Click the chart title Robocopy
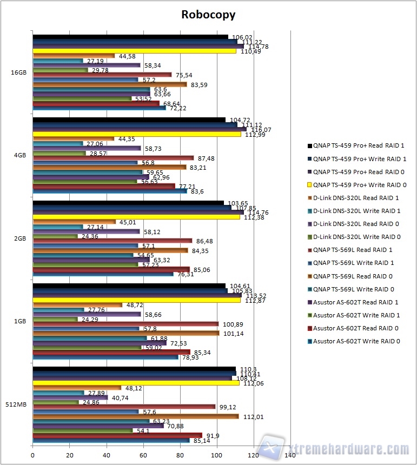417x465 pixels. (208, 15)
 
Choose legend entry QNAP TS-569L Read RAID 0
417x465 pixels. (354, 276)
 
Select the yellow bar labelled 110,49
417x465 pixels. (134, 51)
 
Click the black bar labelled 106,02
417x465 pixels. (130, 36)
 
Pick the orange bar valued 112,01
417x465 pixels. (136, 416)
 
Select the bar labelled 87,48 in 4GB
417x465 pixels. (113, 158)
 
